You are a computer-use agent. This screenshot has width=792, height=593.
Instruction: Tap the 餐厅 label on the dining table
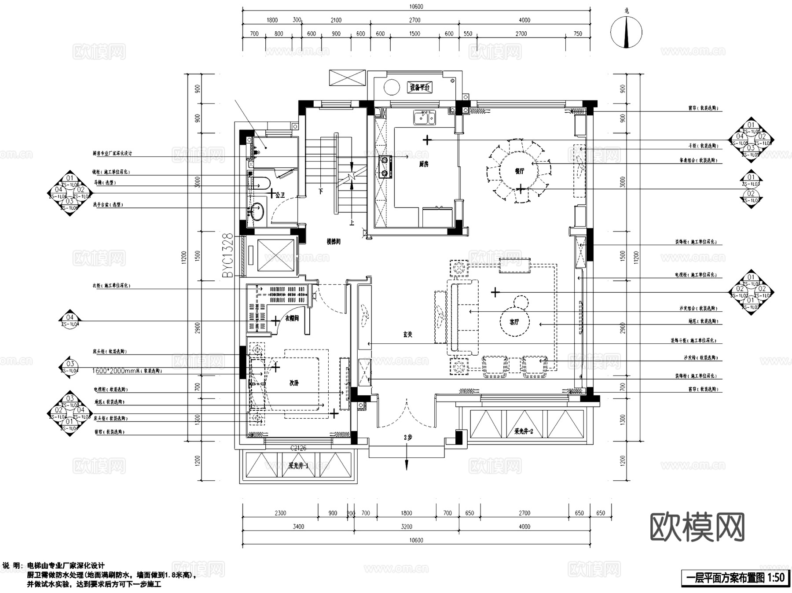click(519, 171)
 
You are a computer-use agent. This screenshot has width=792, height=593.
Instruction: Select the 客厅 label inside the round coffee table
click(514, 322)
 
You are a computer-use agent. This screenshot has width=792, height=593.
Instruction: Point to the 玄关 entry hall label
click(408, 335)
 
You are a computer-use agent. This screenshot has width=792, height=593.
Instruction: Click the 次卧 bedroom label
click(294, 383)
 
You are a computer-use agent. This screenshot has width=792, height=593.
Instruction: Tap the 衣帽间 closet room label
click(292, 318)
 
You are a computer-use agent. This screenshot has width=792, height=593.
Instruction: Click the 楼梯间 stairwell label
click(333, 242)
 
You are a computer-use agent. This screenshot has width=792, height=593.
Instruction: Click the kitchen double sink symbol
click(424, 118)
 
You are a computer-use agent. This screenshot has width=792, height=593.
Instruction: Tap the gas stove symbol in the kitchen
click(385, 166)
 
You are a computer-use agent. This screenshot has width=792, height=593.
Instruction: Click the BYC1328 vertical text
click(227, 255)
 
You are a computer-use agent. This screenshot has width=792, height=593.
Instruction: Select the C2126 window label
click(298, 448)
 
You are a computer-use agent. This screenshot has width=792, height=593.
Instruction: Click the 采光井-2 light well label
click(524, 431)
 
